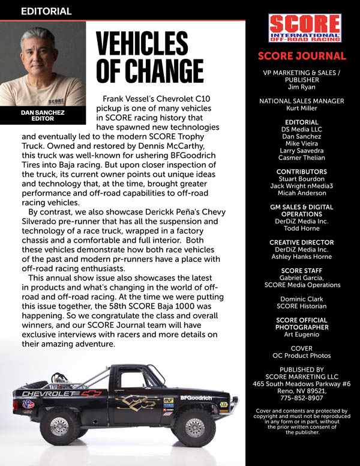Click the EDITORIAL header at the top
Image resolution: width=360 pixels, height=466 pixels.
click(46, 11)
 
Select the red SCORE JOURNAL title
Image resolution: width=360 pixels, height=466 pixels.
click(302, 56)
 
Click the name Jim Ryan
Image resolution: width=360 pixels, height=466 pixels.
click(302, 86)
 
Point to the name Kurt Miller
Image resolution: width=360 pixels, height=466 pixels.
click(302, 109)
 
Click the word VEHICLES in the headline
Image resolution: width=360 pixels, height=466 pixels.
click(142, 44)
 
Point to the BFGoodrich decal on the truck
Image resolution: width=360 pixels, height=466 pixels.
click(196, 398)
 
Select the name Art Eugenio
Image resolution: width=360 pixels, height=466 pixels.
click(302, 334)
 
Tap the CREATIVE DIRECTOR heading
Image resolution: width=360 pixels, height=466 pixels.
click(302, 243)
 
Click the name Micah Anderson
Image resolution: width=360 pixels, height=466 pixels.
click(302, 193)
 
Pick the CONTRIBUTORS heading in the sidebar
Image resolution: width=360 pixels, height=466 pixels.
click(302, 171)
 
